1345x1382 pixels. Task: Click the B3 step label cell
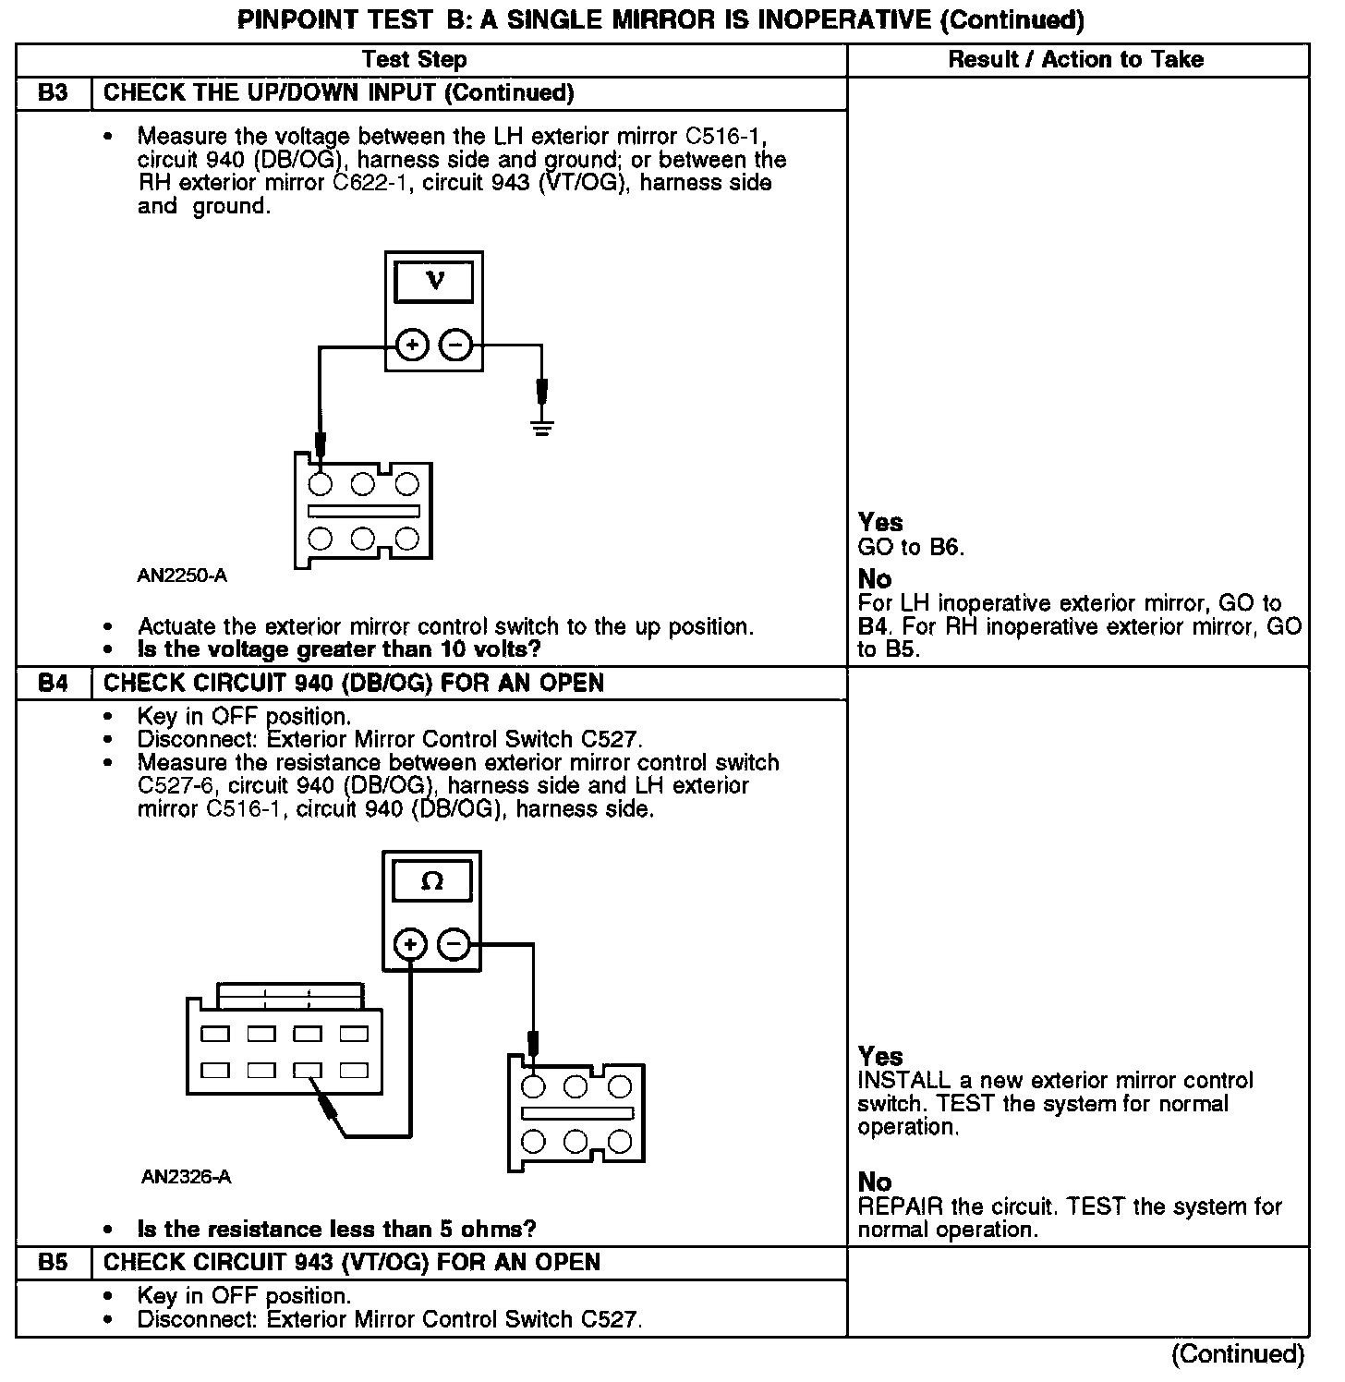[54, 93]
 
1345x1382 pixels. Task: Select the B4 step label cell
[54, 684]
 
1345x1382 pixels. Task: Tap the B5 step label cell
[54, 1263]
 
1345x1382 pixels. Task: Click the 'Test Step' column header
[415, 60]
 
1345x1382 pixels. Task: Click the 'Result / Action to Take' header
[1076, 60]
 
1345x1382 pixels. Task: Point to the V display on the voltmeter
[434, 282]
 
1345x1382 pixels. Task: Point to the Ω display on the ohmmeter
[432, 880]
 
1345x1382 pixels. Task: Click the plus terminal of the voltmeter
[412, 346]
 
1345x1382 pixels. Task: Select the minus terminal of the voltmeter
[455, 346]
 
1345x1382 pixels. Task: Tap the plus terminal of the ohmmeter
[410, 945]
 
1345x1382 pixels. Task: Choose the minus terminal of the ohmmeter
[453, 945]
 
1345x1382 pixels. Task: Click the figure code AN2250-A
[182, 576]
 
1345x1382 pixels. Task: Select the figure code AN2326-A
[186, 1177]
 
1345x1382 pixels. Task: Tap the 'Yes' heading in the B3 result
[880, 523]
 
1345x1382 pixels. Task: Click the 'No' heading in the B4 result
[875, 1182]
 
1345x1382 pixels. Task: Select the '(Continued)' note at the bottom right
[1238, 1355]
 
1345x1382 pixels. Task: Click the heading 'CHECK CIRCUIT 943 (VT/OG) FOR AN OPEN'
[352, 1263]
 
